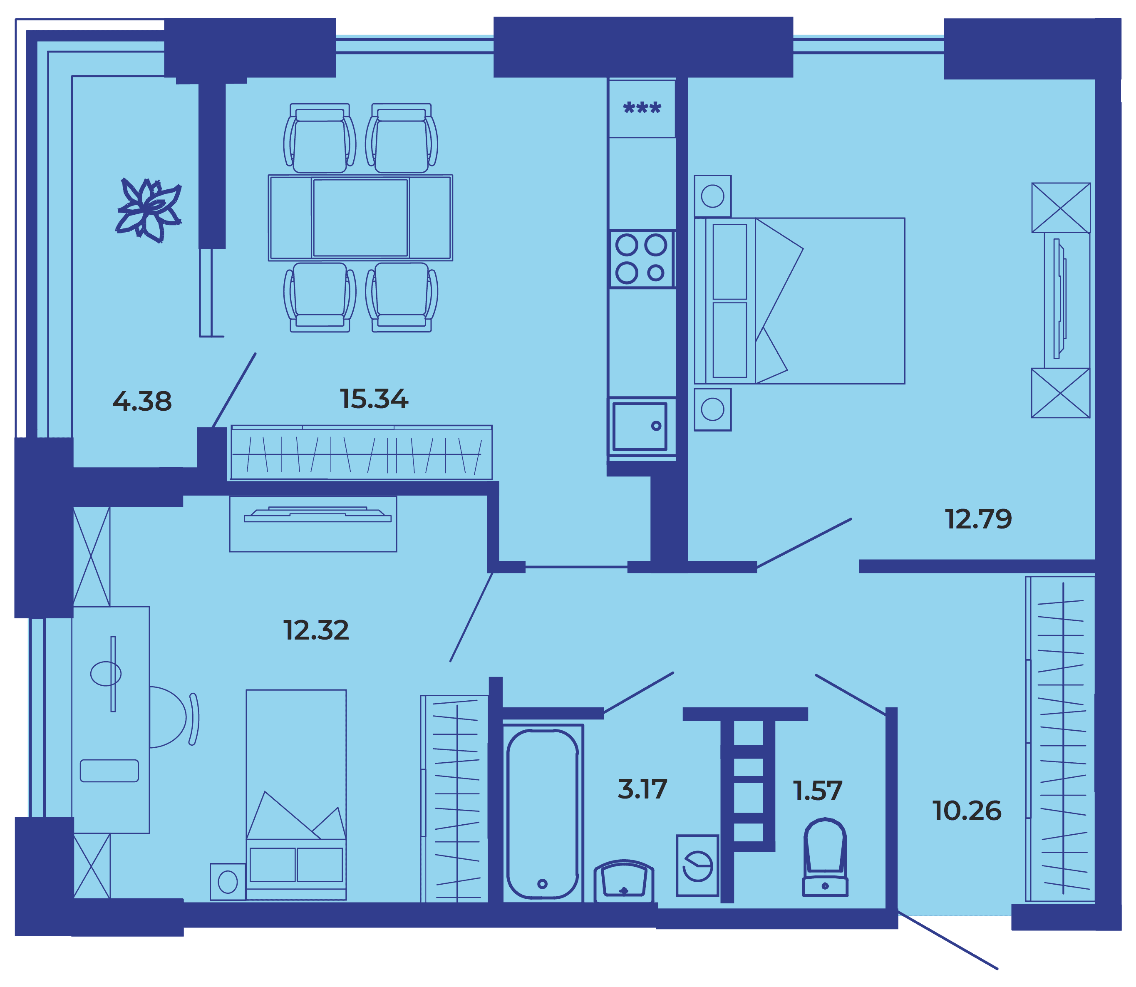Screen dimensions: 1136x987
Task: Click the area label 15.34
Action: pos(374,399)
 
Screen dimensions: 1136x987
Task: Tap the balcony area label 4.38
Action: pos(142,401)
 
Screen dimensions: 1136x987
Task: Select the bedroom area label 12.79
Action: pos(978,519)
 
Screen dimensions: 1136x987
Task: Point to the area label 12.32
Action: pos(316,630)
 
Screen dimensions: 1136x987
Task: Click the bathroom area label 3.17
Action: pos(642,789)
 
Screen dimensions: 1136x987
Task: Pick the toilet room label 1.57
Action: pos(817,791)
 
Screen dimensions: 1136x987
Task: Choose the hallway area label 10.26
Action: pos(966,811)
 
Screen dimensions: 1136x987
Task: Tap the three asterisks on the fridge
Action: pos(642,107)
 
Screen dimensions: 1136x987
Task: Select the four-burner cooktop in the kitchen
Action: pos(642,259)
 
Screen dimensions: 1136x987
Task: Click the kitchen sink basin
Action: pos(640,427)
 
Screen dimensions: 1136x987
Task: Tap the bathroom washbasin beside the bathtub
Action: pos(624,880)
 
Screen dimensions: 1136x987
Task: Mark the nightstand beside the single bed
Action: pos(228,882)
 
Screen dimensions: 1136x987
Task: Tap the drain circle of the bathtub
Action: pos(542,883)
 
